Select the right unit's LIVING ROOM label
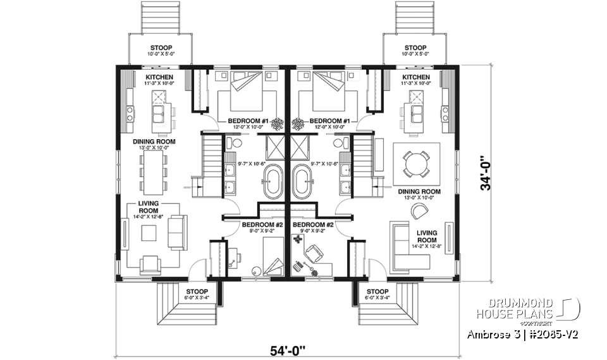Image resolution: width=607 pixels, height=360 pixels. click(427, 237)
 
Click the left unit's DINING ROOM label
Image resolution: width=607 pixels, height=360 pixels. click(154, 142)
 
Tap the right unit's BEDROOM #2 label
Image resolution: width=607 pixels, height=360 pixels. click(313, 225)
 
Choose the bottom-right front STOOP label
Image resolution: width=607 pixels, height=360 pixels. click(377, 292)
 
